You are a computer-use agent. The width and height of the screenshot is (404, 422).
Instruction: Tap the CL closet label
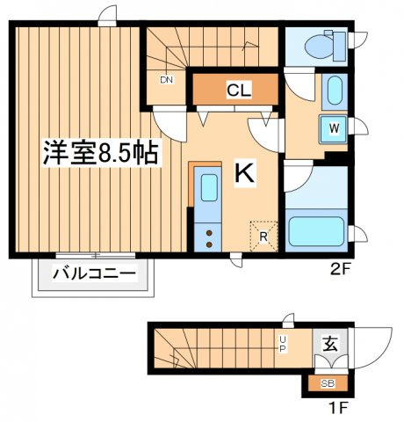(x=239, y=91)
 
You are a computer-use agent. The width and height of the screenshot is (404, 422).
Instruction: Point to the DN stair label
(x=167, y=80)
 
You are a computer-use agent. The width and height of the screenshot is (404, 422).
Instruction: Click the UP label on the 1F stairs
(x=283, y=345)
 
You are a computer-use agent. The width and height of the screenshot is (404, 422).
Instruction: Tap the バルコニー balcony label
(x=94, y=273)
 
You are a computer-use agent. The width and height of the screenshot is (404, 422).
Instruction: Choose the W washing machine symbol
(x=334, y=128)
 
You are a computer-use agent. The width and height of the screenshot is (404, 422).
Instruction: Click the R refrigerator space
(x=263, y=236)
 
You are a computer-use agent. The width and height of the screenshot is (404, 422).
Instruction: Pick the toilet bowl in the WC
(x=319, y=46)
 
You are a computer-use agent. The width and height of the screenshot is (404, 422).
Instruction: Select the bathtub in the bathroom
(x=316, y=231)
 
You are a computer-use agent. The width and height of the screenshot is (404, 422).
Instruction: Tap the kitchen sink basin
(x=209, y=187)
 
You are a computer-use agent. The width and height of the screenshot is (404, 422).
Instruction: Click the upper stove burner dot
(x=209, y=233)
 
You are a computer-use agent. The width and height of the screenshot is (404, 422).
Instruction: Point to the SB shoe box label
(x=328, y=383)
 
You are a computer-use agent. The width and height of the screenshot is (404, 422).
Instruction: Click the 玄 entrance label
(x=329, y=344)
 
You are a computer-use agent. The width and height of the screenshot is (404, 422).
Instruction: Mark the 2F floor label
(x=340, y=270)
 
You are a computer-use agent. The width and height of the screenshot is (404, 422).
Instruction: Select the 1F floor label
(x=339, y=409)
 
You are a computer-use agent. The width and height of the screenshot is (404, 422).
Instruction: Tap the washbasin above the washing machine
(x=335, y=90)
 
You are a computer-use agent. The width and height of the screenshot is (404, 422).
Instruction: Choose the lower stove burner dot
(x=209, y=244)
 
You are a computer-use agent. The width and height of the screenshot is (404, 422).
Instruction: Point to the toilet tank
(x=340, y=47)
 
